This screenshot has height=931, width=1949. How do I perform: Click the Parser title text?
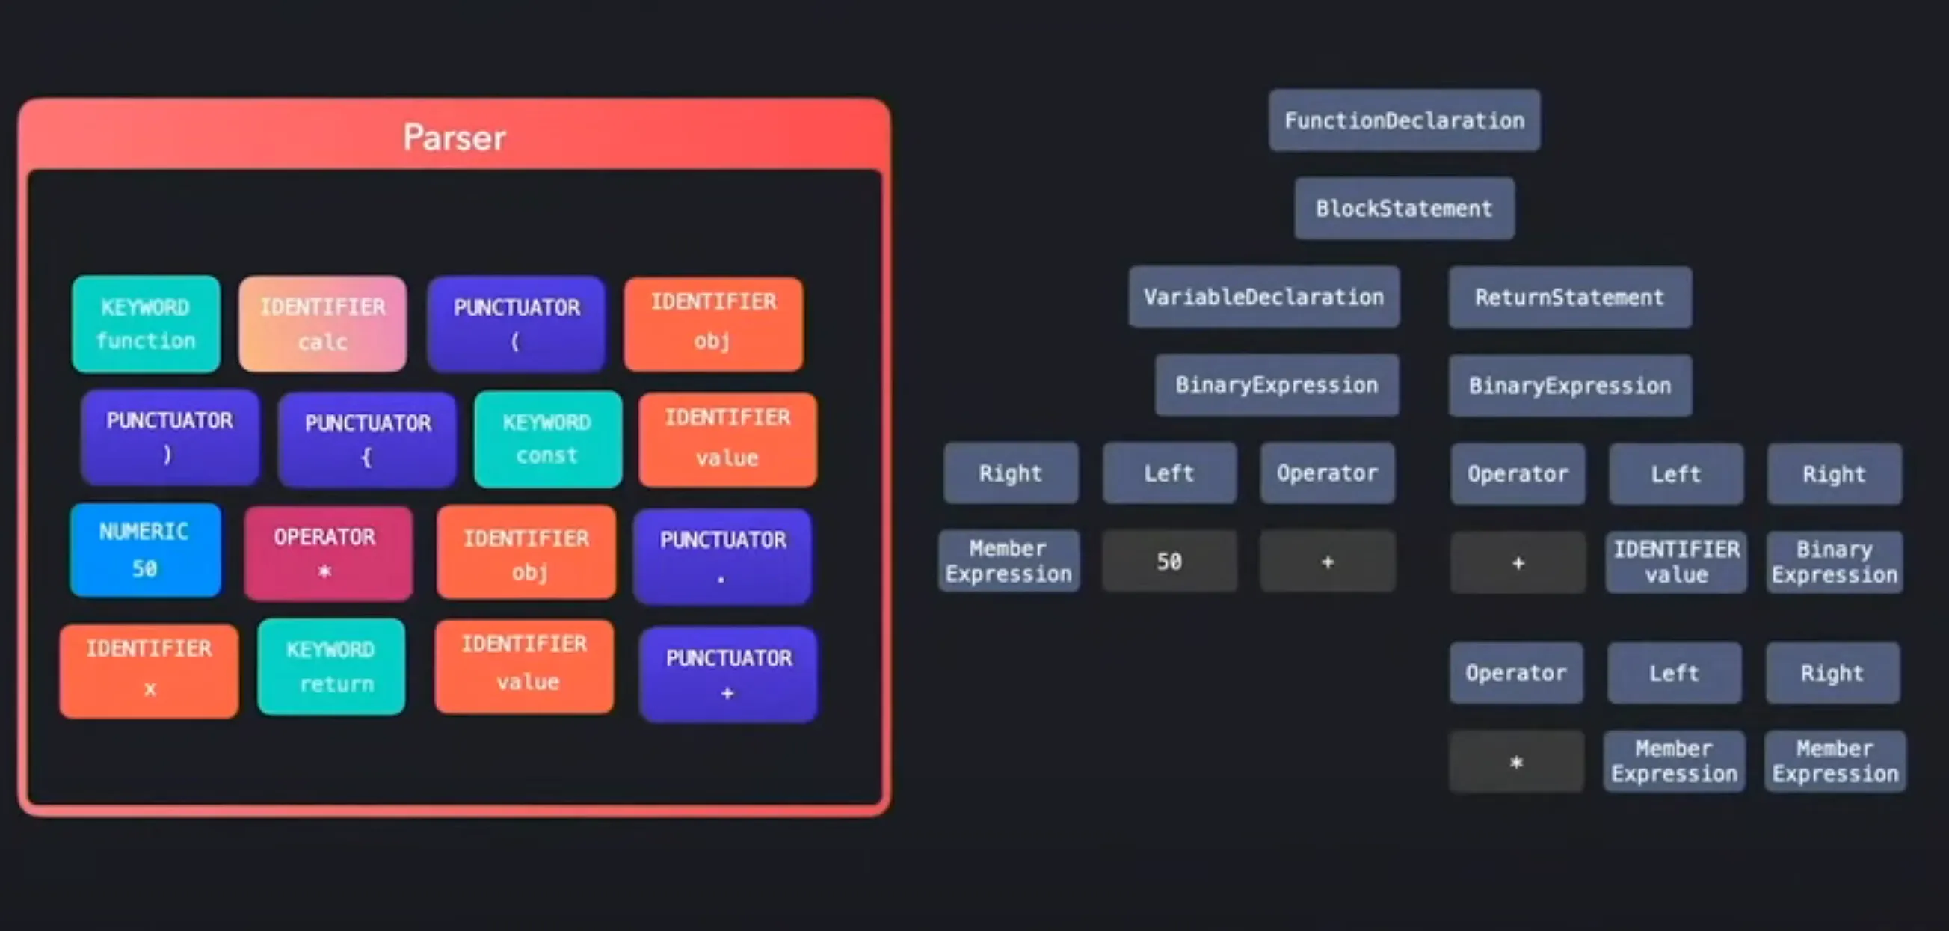coord(454,138)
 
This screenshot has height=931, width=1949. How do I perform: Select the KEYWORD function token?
coord(146,324)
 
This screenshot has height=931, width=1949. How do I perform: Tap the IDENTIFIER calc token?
coord(323,324)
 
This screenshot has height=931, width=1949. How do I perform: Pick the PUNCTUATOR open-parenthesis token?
coord(517,324)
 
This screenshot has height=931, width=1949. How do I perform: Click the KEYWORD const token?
coord(548,439)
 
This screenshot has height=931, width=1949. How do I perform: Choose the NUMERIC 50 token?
coord(145,550)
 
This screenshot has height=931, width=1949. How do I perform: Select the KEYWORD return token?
coord(331,667)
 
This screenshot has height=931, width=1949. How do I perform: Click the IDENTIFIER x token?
coord(149,670)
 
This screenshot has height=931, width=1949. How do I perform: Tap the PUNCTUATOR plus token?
coord(728,675)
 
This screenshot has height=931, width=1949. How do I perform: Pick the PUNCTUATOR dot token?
coord(722,556)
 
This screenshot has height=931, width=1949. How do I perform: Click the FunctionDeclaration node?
coord(1404,120)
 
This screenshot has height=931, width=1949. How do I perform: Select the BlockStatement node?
coord(1404,208)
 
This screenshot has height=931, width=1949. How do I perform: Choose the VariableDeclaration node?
coord(1263,297)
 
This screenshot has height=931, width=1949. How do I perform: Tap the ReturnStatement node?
coord(1570,298)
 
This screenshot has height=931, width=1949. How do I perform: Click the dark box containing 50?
coord(1169,561)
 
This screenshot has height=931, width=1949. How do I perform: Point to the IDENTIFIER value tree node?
coord(1676,562)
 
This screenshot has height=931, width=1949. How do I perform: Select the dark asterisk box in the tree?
coord(1516,761)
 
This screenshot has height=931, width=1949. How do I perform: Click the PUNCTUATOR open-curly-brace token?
coord(367,439)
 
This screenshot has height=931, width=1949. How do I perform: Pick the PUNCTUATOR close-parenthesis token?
coord(170,437)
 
